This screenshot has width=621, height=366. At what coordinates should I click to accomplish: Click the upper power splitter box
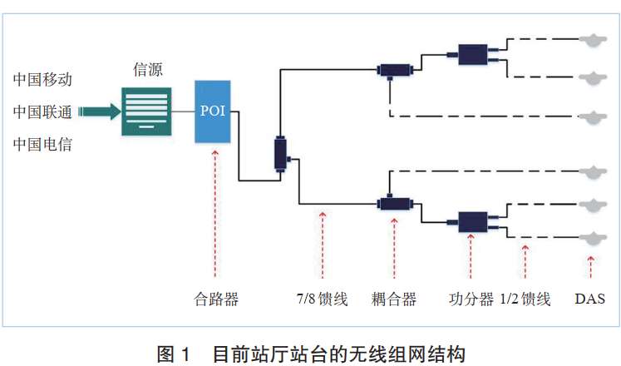click(x=472, y=55)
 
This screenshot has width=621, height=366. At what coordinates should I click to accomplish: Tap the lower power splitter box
click(x=472, y=220)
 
